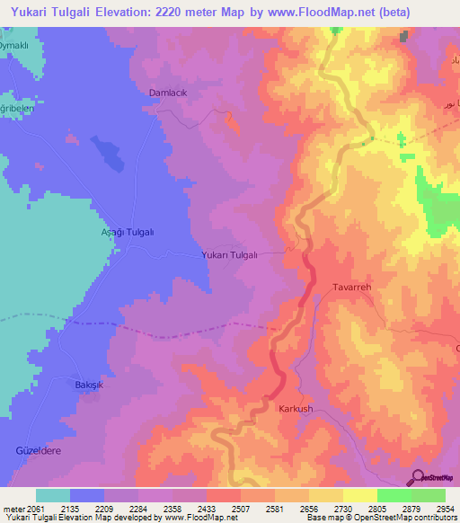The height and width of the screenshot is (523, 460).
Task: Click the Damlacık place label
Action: [169, 93]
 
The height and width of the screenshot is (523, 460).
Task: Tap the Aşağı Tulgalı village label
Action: [127, 232]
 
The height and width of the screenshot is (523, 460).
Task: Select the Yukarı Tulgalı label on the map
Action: [229, 255]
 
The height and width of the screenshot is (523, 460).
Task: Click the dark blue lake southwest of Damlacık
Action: [108, 154]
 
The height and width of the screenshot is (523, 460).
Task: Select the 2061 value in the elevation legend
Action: [36, 509]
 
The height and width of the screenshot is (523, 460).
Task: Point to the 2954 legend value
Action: [445, 509]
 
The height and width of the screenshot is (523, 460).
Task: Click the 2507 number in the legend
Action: [241, 509]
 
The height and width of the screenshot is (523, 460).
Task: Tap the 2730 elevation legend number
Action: [342, 509]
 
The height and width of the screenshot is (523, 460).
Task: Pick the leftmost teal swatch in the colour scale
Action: [53, 495]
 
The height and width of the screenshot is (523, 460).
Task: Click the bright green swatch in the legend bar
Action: [394, 495]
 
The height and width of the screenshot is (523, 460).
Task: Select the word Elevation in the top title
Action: [137, 12]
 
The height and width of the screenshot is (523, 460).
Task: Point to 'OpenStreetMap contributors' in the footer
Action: [405, 519]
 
